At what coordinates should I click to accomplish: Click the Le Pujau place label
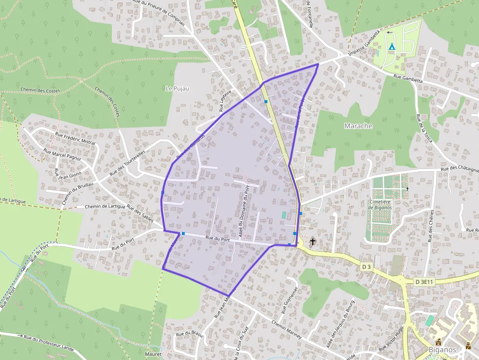177,88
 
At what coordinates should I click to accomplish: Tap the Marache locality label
358,126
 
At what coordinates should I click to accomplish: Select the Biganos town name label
442,350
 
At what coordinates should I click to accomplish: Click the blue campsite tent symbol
392,46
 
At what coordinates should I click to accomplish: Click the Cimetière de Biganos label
381,205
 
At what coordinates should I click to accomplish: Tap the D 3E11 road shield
424,282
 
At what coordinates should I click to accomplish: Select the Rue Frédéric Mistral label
75,139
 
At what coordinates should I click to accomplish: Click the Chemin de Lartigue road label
105,207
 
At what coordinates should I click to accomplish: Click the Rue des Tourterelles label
128,163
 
